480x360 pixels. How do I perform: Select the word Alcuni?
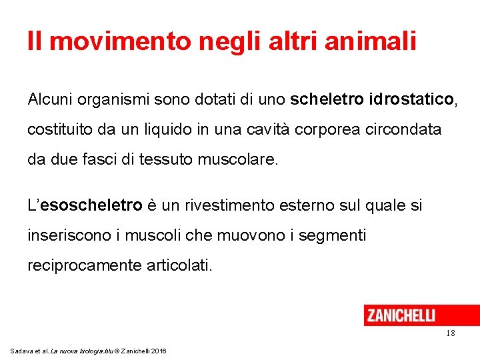pyautogui.click(x=52, y=100)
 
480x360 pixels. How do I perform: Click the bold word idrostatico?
pyautogui.click(x=410, y=100)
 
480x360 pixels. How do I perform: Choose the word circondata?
pyautogui.click(x=403, y=129)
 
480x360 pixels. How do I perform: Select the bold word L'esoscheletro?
pyautogui.click(x=85, y=205)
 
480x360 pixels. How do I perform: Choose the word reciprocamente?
pyautogui.click(x=83, y=266)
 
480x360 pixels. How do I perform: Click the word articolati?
pyautogui.click(x=178, y=266)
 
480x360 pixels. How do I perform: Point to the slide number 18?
pyautogui.click(x=451, y=333)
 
